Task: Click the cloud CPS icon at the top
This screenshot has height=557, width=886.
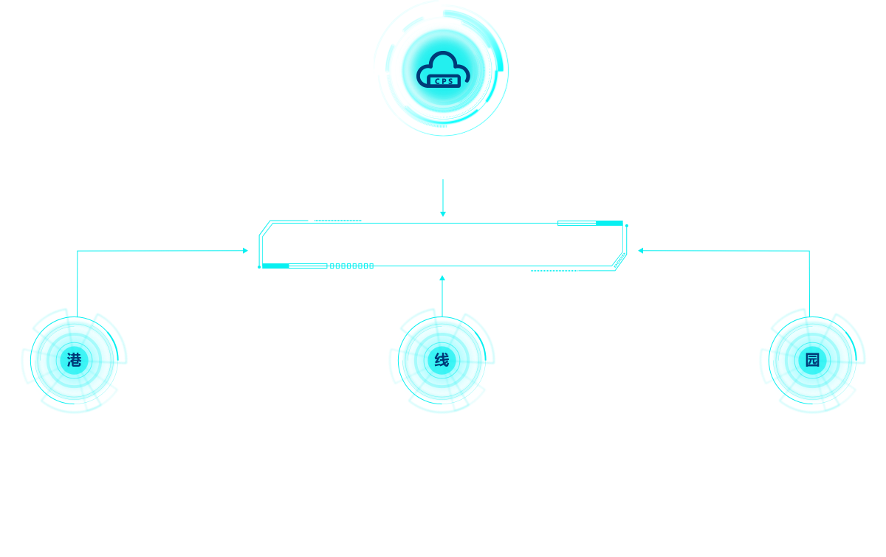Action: (442, 70)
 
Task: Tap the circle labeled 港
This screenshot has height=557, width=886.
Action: (75, 360)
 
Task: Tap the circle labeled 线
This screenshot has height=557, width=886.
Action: (442, 360)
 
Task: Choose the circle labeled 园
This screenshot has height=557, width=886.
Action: (812, 360)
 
